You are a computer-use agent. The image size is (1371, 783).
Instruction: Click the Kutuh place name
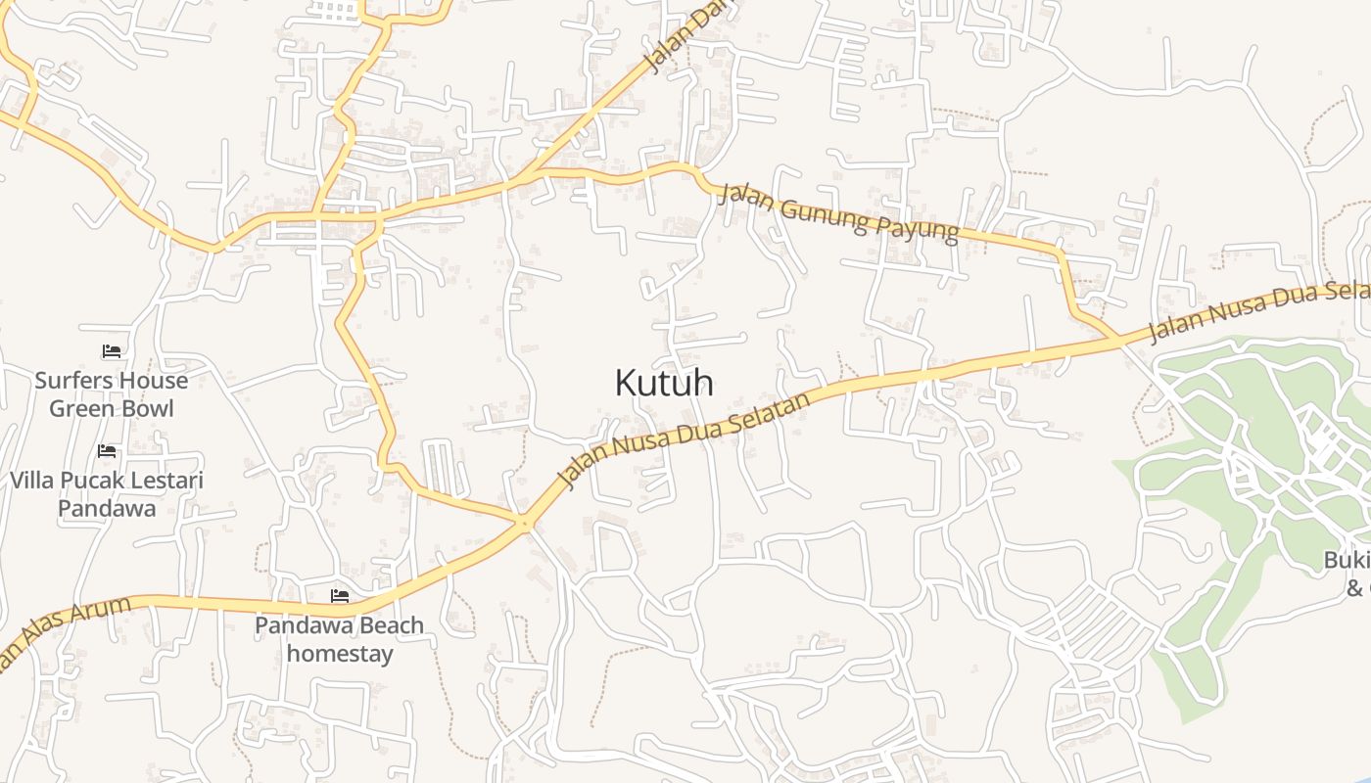[663, 383]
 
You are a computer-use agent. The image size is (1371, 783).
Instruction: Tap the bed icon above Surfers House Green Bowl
[112, 350]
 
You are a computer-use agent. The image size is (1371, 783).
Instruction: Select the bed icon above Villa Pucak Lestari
[107, 450]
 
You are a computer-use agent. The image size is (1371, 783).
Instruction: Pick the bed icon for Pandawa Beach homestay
[340, 594]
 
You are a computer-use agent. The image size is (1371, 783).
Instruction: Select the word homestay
[340, 653]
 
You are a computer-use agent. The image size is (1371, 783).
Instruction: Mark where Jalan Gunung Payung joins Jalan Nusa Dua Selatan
[1117, 339]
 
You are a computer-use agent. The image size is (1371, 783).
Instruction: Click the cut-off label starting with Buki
[1347, 561]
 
